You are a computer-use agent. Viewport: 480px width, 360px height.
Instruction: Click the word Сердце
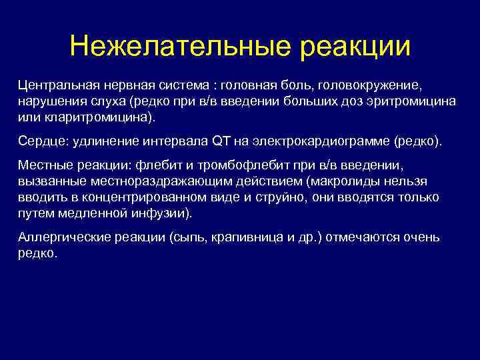pyautogui.click(x=39, y=142)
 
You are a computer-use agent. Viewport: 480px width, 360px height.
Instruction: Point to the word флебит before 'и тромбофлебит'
pyautogui.click(x=159, y=167)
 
